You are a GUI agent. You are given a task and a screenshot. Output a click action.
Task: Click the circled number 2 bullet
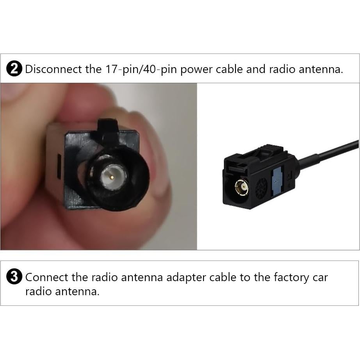tap(14, 70)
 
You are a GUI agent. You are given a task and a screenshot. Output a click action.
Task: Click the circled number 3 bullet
tap(14, 277)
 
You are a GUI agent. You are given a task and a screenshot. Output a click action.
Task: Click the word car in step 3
tap(320, 278)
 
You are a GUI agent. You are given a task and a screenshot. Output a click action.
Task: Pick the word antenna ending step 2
tap(320, 70)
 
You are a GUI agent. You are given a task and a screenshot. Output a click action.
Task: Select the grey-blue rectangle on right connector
tap(277, 182)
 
